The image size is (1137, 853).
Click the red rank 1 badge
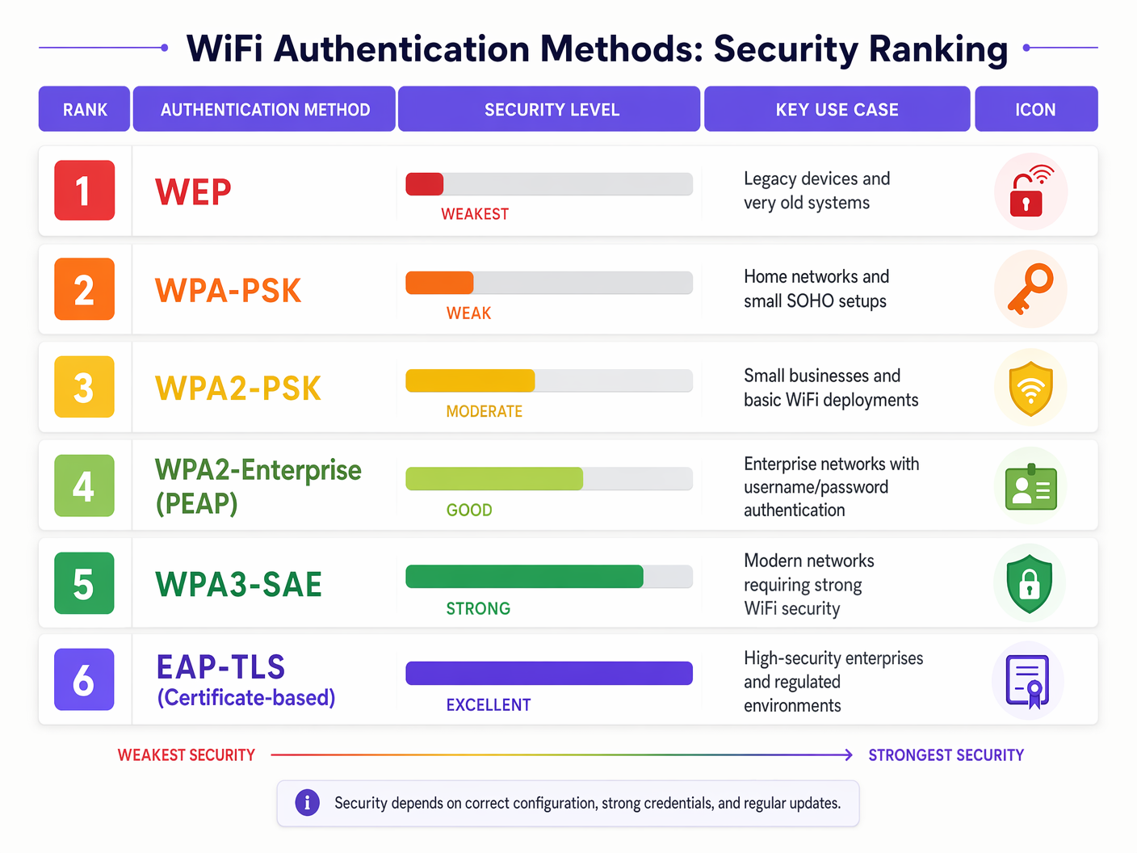84,191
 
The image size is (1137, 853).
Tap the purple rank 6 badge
84,680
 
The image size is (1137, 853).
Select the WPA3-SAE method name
238,584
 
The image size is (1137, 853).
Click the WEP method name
193,192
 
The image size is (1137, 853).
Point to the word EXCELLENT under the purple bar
488,705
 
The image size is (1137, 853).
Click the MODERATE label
484,411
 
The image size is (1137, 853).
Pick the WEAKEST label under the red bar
475,214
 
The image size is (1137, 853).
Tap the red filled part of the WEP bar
425,184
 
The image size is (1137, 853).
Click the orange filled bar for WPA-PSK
439,283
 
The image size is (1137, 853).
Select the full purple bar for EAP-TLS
549,673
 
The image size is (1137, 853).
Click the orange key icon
1030,288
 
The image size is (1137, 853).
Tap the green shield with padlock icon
1030,582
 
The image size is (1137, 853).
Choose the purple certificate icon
1027,681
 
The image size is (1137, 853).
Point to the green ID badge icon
1030,486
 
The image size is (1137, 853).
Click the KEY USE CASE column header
837,109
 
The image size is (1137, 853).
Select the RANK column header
85,109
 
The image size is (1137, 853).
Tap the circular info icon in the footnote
307,803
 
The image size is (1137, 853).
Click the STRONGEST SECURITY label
946,755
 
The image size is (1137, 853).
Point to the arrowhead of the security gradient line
848,754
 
